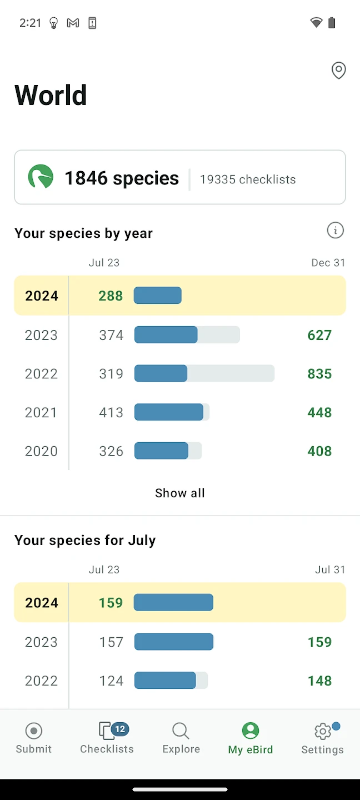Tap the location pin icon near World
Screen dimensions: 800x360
[338, 71]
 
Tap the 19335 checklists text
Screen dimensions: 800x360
[248, 179]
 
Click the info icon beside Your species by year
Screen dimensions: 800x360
[335, 230]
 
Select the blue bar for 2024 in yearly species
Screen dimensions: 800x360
[158, 296]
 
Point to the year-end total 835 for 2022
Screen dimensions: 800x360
[319, 374]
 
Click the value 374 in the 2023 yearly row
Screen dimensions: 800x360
[111, 335]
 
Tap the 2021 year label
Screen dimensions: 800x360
[41, 412]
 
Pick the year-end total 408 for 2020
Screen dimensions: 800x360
[319, 451]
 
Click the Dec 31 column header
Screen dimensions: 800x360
[328, 263]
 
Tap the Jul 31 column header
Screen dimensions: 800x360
[330, 569]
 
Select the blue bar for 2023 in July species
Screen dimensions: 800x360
[174, 642]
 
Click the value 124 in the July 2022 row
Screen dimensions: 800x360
[111, 681]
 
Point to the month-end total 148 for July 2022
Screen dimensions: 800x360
[319, 681]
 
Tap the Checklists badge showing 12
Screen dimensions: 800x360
[119, 729]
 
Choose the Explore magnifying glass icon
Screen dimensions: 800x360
[181, 731]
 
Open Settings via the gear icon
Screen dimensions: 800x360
[322, 731]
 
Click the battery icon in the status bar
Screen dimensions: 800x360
[332, 23]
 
